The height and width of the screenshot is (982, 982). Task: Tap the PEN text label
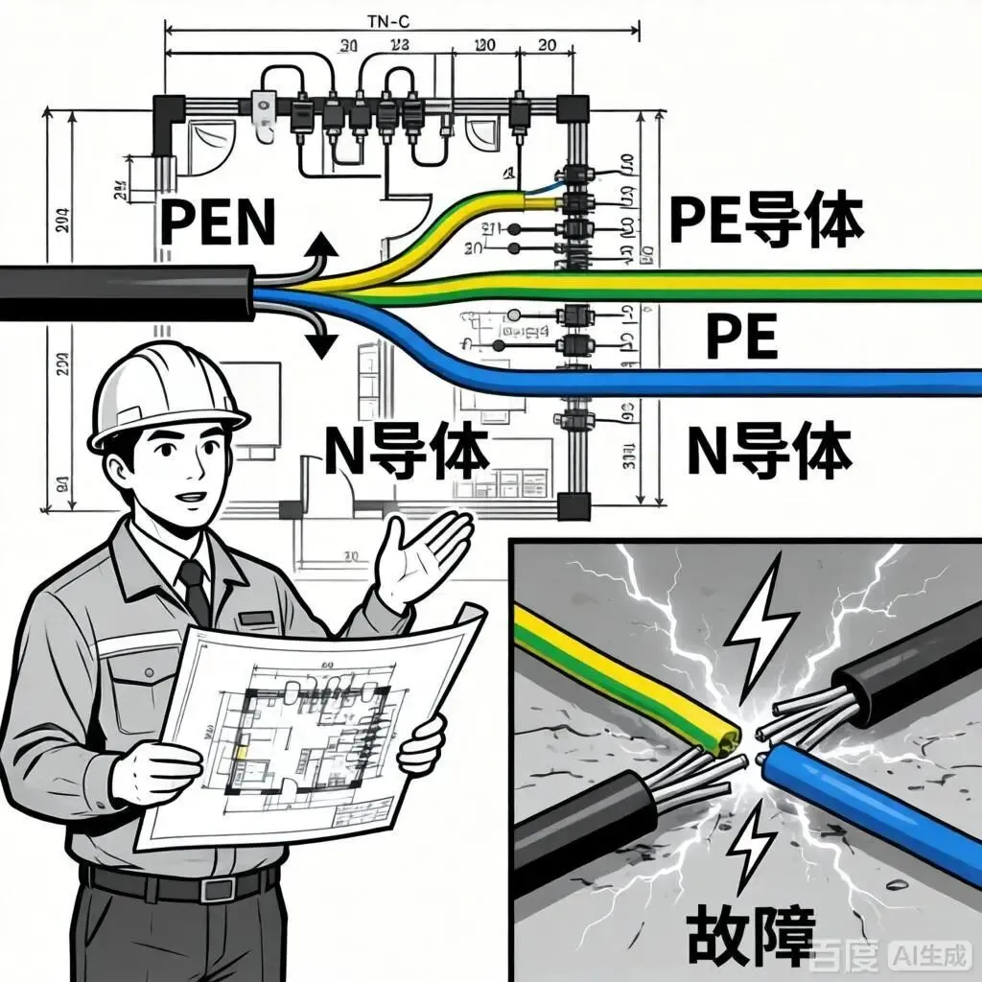217,222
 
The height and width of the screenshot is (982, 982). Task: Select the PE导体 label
765,220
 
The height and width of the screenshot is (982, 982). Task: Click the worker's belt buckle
215,887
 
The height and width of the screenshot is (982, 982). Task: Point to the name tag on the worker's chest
257,619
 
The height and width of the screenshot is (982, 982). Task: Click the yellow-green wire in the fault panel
623,681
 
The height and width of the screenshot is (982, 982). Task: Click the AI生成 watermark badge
929,955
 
